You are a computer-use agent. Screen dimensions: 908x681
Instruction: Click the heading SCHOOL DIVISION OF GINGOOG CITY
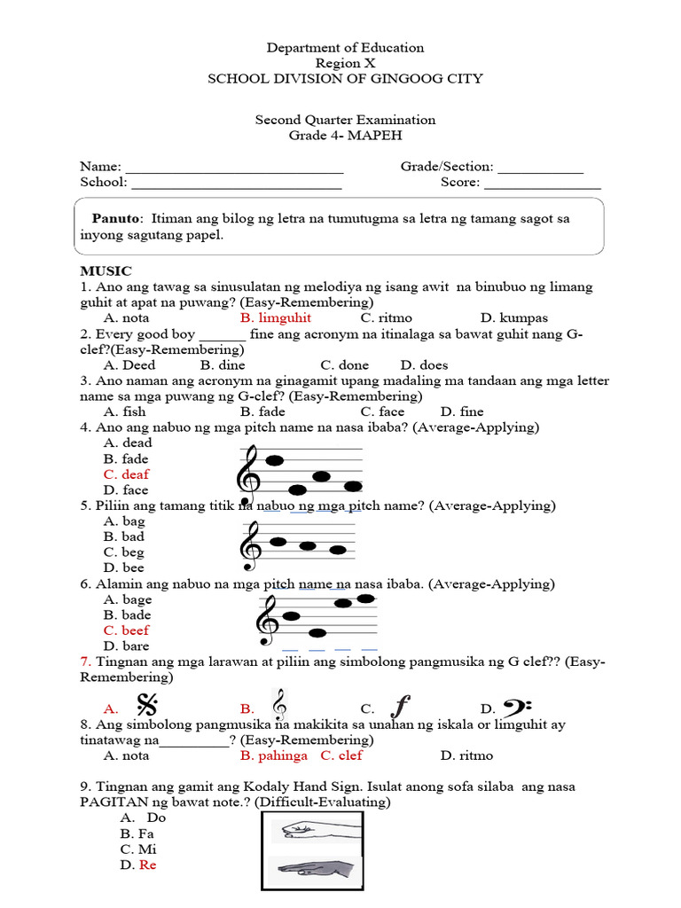[345, 79]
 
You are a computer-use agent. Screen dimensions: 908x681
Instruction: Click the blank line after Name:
[234, 168]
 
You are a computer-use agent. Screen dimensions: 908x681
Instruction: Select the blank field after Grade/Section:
[540, 168]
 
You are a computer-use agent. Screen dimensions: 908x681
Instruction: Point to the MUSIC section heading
[106, 271]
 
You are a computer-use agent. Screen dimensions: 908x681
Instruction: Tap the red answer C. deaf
[127, 474]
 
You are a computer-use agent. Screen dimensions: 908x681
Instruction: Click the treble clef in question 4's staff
[247, 472]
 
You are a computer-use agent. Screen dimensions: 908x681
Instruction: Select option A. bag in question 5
[123, 521]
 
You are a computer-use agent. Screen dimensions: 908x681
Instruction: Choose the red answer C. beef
[127, 630]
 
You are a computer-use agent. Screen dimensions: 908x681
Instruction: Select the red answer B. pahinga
[274, 755]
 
